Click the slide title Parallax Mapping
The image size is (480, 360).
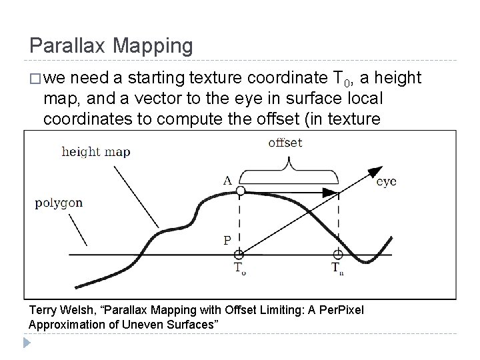[111, 46]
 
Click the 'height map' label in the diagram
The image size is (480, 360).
[95, 151]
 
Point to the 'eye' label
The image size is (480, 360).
[386, 181]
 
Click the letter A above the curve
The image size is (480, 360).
[227, 179]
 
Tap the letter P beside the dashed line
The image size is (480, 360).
[227, 241]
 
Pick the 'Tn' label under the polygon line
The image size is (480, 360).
[339, 268]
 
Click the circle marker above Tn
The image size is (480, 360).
[338, 254]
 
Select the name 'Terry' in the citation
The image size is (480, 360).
[43, 311]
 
